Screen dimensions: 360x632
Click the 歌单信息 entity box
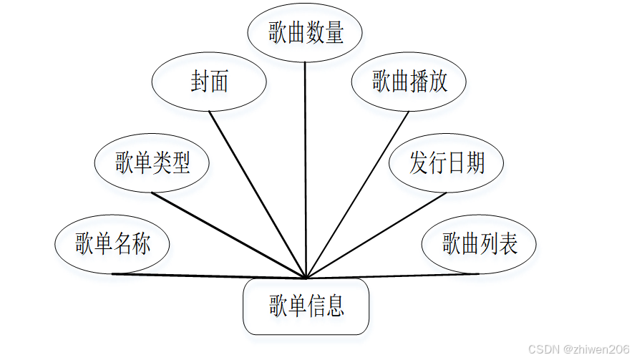coord(306,307)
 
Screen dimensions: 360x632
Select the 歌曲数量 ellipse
coord(306,34)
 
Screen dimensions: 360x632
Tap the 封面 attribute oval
coord(209,82)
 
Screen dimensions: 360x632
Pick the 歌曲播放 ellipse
coord(409,82)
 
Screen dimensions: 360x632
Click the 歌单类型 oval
coord(152,163)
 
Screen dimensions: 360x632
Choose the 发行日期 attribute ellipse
coord(446,163)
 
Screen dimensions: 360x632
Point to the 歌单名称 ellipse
coord(112,244)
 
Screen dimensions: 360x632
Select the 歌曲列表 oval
coord(479,244)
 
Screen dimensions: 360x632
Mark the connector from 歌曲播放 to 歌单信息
coord(358,193)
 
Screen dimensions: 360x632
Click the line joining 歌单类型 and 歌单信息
coord(229,235)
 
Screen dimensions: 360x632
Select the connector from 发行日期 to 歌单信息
coord(376,235)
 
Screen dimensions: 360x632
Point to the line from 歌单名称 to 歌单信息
coord(208,276)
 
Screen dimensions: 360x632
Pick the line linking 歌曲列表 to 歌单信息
coord(394,276)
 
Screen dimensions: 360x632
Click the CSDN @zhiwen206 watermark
coord(578,349)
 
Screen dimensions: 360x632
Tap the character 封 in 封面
coord(200,82)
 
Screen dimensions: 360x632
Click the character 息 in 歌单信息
coord(335,307)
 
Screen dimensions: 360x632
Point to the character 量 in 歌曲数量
coord(334,34)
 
